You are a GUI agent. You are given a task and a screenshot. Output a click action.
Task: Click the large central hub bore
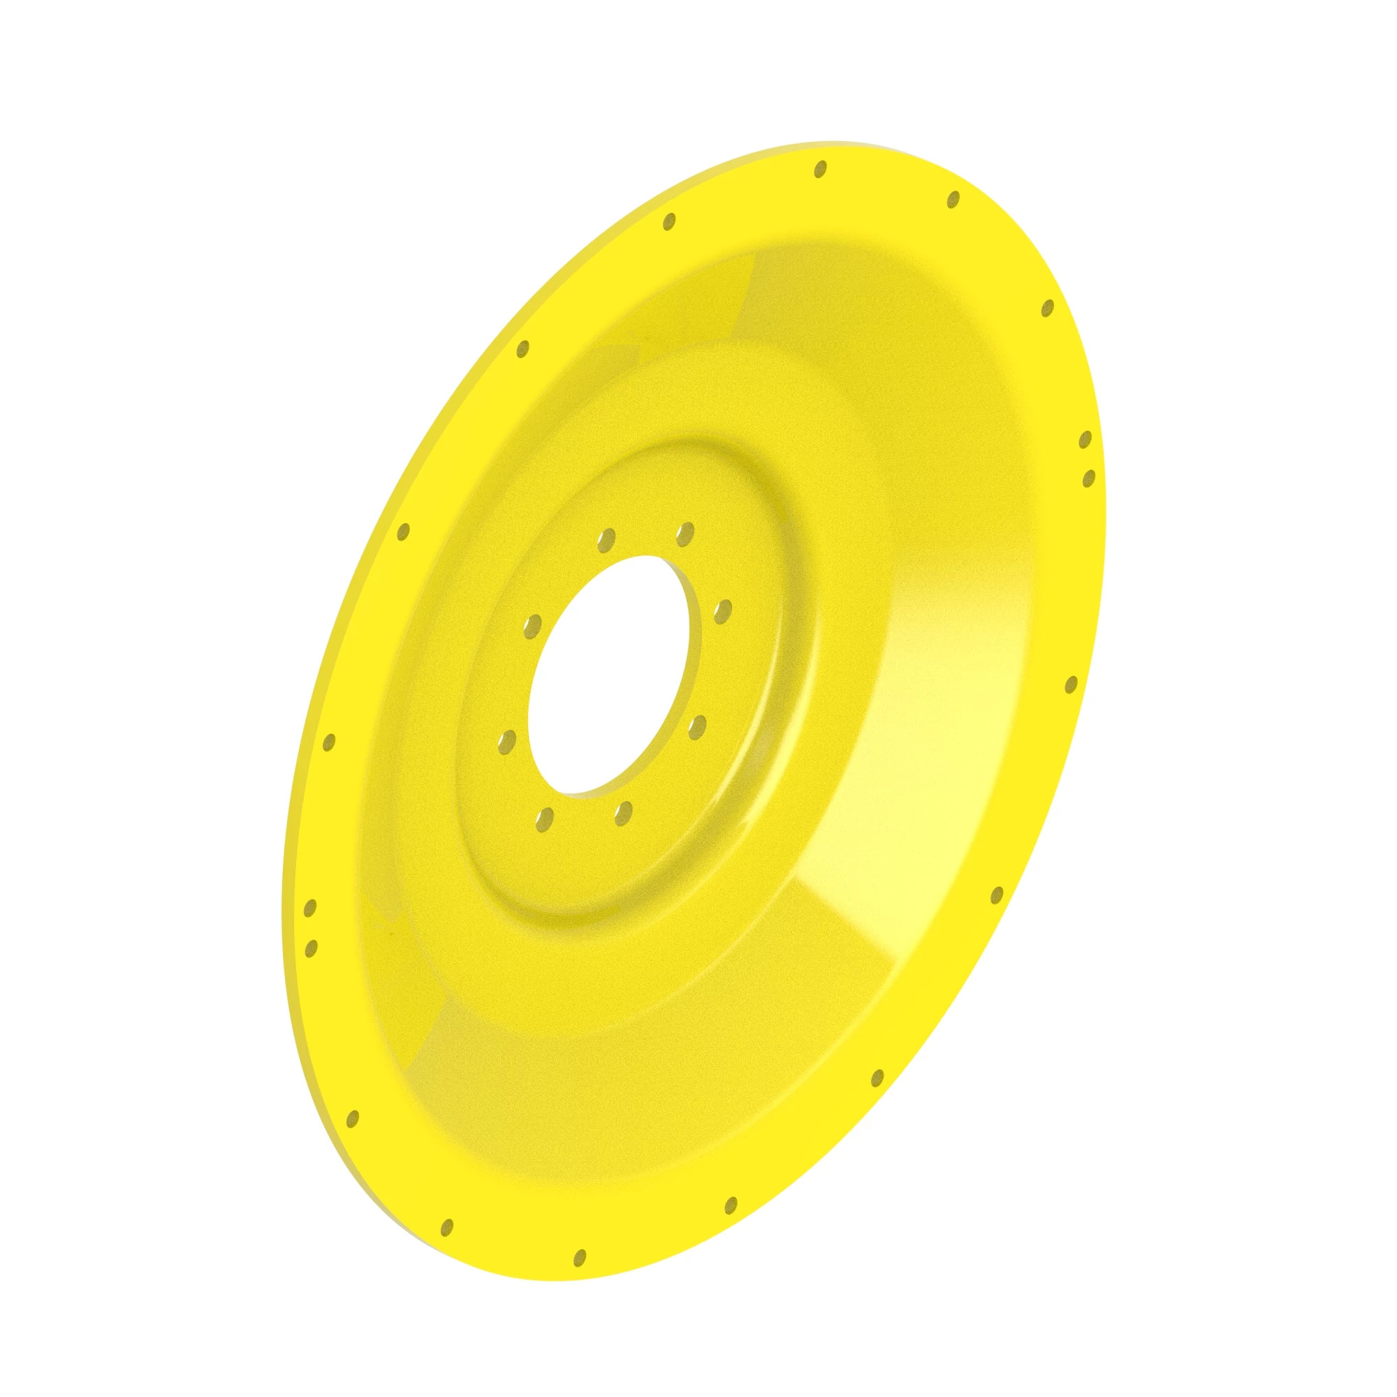pos(615,676)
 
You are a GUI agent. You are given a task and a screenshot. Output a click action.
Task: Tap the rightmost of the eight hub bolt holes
pos(722,612)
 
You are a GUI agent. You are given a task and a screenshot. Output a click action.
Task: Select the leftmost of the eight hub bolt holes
pos(509,741)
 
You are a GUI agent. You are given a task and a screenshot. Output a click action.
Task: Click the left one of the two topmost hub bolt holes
pos(607,539)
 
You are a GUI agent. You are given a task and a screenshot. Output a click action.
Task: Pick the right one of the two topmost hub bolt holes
pos(684,534)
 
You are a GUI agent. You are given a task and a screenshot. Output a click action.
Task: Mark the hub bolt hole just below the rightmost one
pos(697,726)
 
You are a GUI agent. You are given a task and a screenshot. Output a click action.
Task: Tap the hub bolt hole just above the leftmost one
pos(533,625)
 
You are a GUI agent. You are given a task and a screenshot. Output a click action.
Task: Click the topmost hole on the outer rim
pos(820,169)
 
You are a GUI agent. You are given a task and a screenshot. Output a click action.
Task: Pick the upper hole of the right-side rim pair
pos(1085,439)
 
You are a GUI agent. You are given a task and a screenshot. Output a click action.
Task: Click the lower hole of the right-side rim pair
pos(1088,477)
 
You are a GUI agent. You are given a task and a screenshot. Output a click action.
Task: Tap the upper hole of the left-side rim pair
pos(311,909)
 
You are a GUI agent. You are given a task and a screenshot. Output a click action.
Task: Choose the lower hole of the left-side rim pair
pos(312,948)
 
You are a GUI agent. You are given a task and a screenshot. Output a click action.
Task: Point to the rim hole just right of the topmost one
pos(953,199)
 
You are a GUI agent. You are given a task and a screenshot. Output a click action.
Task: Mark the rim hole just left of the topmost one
pos(669,221)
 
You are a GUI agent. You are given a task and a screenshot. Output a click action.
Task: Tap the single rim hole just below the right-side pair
pos(1071,684)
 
